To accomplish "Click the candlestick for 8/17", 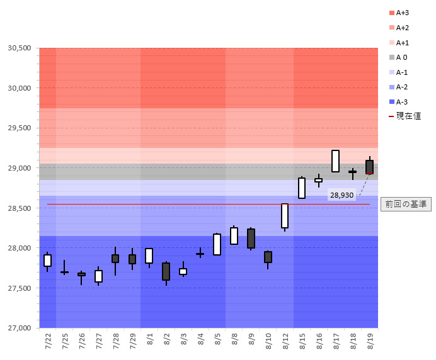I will (335, 161).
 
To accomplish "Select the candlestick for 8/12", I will (285, 216).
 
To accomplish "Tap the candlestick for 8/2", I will (166, 271).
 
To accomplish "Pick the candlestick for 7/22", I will (47, 261).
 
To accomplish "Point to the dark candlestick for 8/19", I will (369, 167).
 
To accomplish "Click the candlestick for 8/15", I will (302, 188).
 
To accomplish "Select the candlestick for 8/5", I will (217, 244).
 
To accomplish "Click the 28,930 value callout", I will (341, 196).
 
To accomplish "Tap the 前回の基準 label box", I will (406, 204).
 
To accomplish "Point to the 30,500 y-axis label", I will (19, 48).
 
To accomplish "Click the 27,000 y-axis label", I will (19, 328).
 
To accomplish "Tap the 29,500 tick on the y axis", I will (19, 128).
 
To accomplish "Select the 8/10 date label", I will (268, 344).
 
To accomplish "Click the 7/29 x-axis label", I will (133, 344).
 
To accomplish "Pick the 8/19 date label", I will (370, 344).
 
